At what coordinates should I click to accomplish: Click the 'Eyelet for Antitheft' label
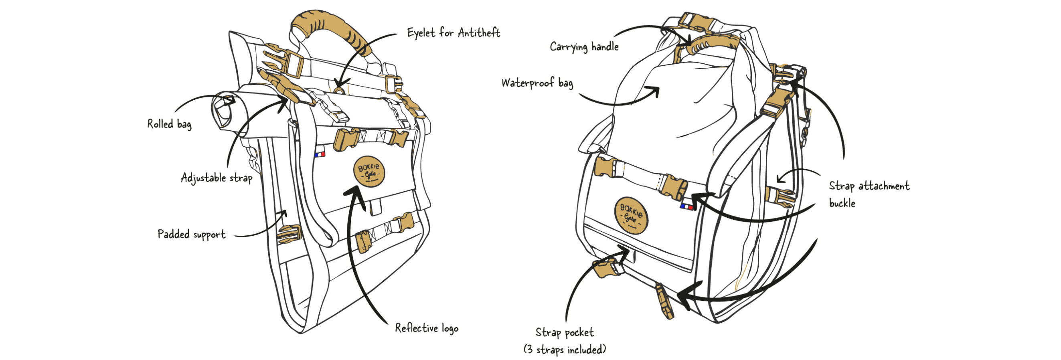tap(454, 32)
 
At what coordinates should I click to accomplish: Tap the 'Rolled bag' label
tap(169, 124)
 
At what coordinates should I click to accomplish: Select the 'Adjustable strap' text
tap(217, 178)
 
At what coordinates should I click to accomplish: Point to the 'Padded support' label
tap(192, 235)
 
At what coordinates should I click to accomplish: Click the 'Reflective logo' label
tap(427, 328)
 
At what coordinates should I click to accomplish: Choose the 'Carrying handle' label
tap(584, 47)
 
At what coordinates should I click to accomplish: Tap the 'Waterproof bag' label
tap(537, 83)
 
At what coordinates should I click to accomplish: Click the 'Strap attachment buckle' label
tap(869, 194)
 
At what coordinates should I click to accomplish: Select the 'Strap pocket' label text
tap(565, 332)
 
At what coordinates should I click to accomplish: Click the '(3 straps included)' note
tap(565, 350)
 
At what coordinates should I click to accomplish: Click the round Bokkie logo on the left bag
tap(369, 171)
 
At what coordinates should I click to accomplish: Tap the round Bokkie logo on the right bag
tap(631, 214)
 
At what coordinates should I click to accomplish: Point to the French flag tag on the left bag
tap(320, 154)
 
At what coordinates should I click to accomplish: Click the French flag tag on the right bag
tap(686, 206)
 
